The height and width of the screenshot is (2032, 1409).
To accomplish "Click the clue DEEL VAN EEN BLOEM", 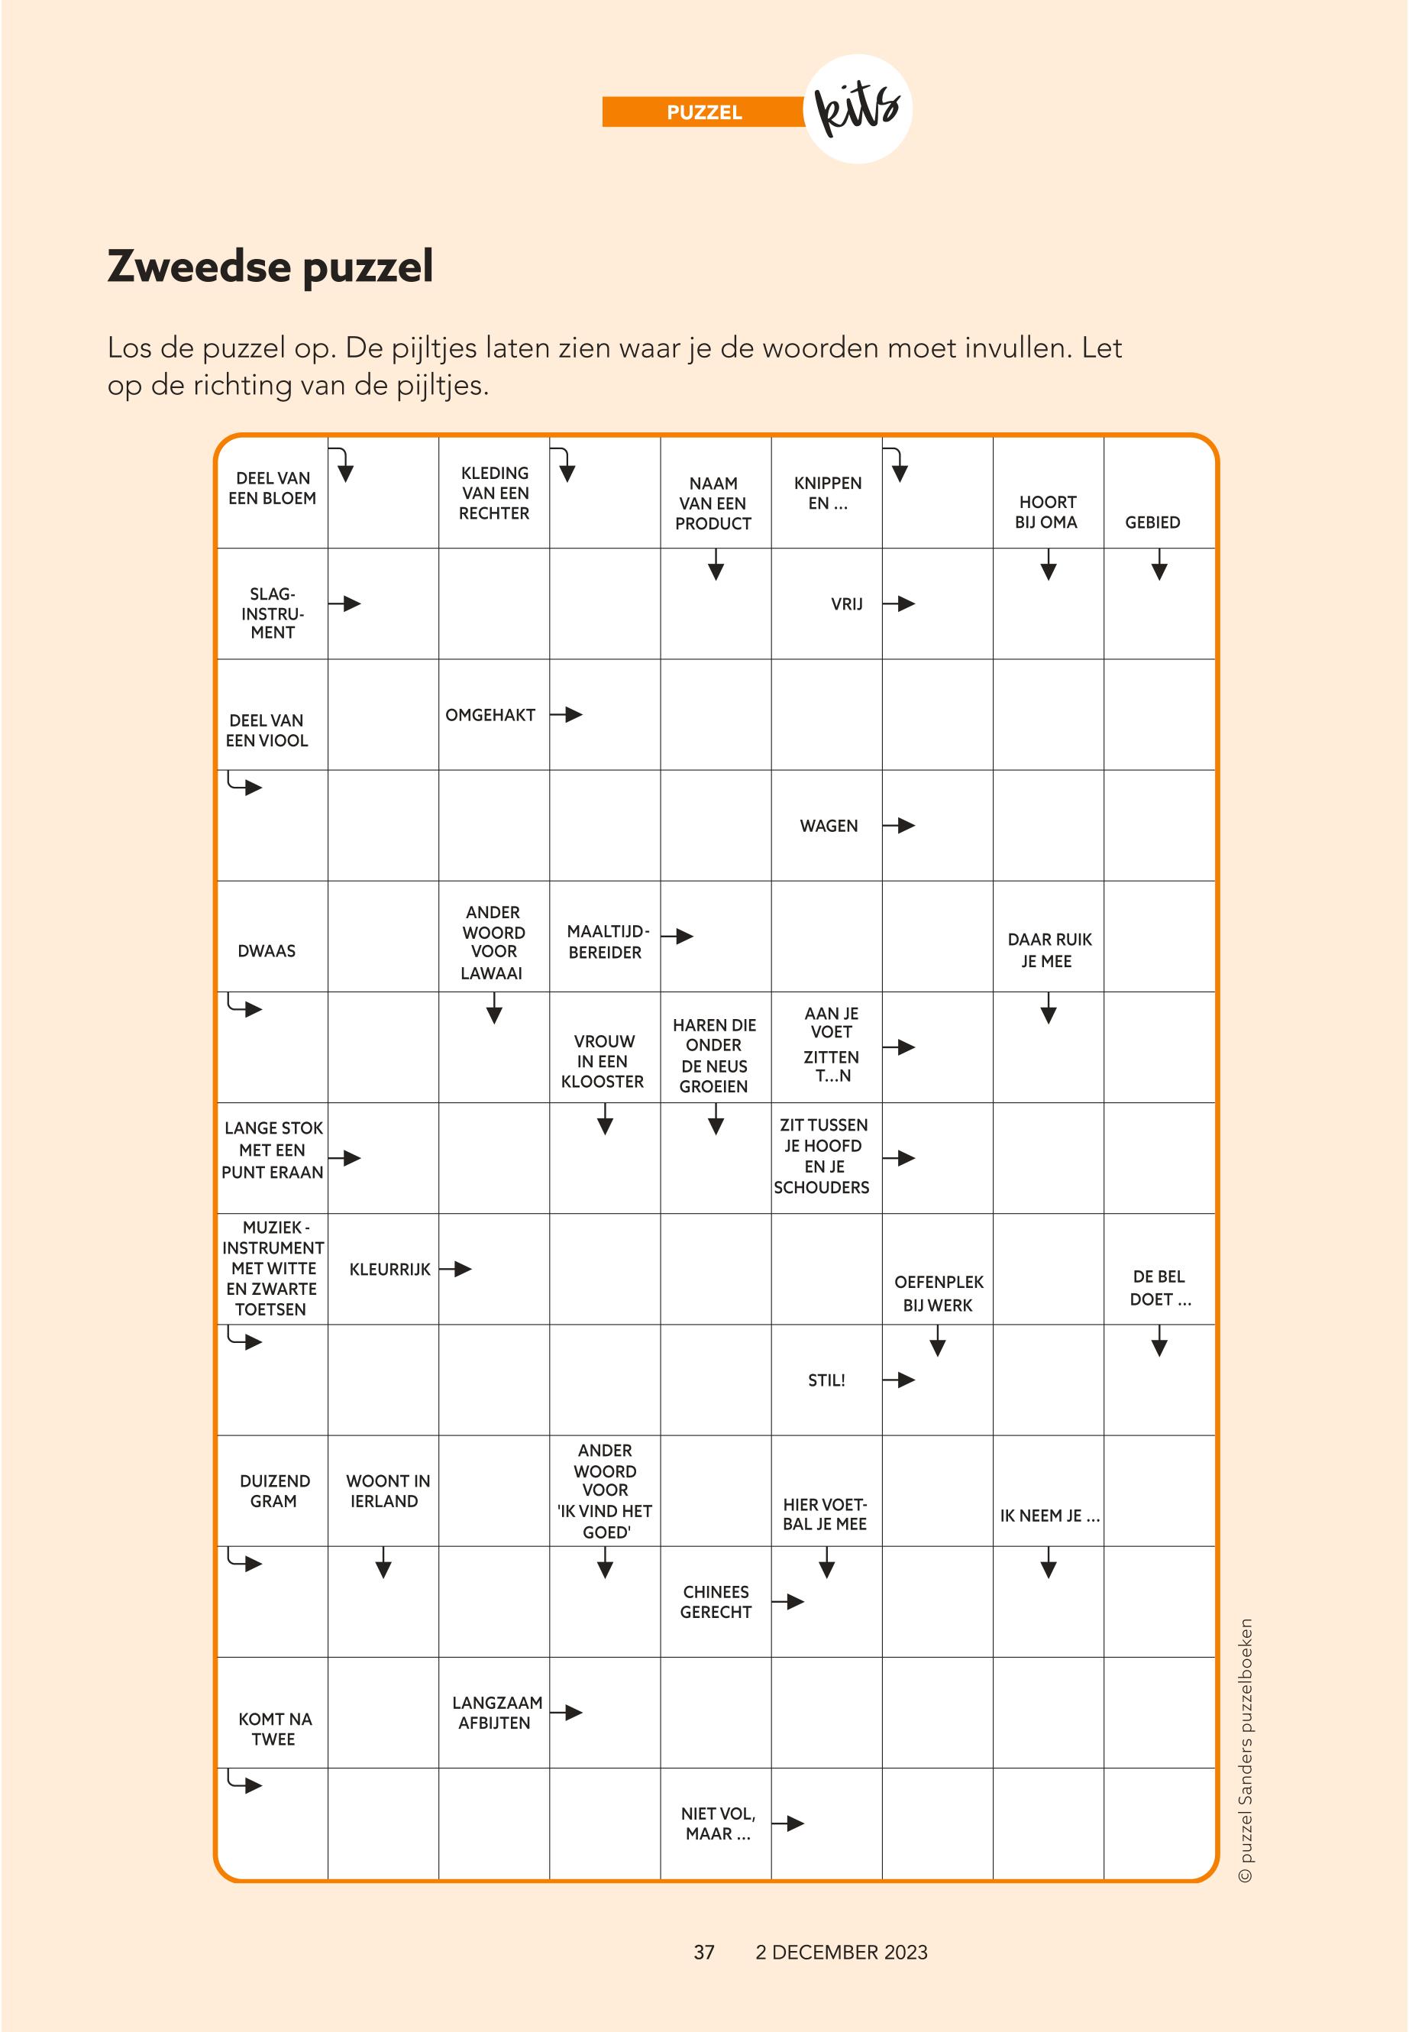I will point(272,488).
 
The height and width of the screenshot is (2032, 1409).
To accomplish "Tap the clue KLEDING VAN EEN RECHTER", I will point(494,493).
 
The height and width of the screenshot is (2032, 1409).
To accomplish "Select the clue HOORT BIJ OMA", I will point(1047,512).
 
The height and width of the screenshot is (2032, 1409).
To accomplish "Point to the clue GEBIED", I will point(1152,522).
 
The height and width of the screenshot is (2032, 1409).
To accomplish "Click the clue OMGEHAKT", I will point(490,714).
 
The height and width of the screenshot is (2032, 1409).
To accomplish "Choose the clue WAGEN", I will point(828,826).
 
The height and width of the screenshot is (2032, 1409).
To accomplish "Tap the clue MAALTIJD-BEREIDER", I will point(606,941).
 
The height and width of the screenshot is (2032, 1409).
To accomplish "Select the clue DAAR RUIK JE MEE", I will point(1049,950).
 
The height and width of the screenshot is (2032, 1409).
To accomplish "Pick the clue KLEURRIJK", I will point(389,1269).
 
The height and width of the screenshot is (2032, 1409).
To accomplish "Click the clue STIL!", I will point(826,1380).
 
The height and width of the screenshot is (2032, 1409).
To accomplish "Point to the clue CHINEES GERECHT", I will point(715,1601).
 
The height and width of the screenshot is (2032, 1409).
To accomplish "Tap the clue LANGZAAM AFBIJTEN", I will point(496,1713).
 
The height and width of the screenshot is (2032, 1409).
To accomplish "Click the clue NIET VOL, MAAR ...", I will point(717,1823).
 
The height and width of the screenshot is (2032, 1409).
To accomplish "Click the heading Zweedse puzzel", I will point(270,266).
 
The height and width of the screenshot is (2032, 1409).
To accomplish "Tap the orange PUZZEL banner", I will point(703,112).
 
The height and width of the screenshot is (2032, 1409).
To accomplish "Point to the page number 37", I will point(703,1953).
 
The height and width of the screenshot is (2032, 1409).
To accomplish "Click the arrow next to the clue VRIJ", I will point(900,604).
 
